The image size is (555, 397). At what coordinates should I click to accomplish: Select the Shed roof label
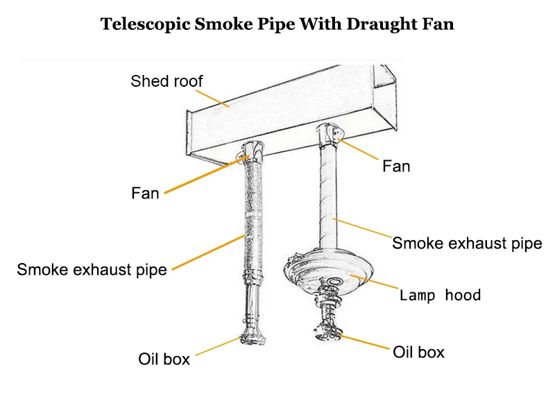[x=166, y=81]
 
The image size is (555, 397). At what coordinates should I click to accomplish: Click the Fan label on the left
[x=145, y=193]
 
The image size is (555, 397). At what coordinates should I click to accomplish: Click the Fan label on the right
[x=396, y=166]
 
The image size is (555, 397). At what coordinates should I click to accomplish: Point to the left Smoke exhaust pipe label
[x=92, y=269]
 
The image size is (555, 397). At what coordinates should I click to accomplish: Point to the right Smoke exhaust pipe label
[x=466, y=243]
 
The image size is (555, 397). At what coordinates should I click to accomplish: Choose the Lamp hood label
[x=440, y=295]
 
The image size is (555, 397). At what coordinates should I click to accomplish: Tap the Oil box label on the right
[x=418, y=352]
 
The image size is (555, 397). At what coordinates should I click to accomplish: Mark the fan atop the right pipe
[x=331, y=133]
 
